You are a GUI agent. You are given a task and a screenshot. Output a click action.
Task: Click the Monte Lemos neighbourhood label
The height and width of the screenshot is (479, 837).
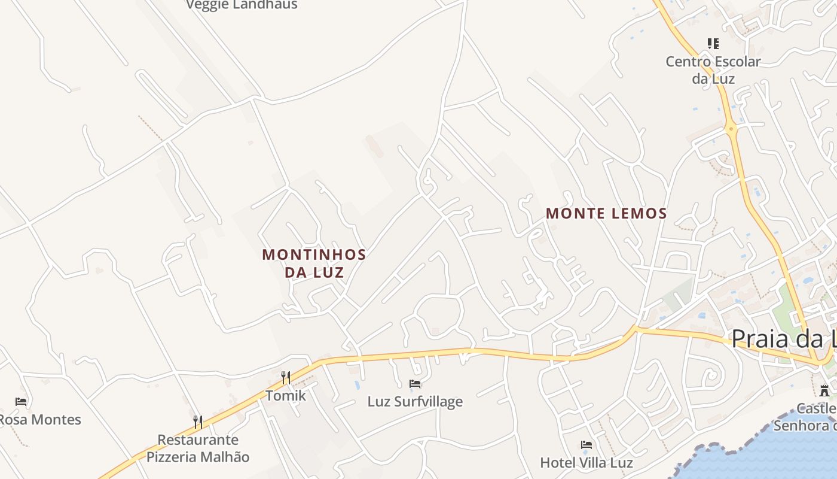click(606, 213)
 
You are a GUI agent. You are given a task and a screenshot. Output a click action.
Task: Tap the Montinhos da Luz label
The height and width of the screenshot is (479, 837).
click(314, 263)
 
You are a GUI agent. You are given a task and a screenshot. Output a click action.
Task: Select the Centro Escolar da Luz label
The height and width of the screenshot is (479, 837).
click(713, 69)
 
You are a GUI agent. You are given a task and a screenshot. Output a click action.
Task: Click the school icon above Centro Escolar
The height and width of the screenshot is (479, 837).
click(713, 44)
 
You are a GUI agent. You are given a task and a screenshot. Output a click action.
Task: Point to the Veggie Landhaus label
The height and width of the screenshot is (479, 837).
click(242, 5)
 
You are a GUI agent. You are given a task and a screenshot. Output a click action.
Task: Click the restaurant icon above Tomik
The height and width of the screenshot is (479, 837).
click(286, 377)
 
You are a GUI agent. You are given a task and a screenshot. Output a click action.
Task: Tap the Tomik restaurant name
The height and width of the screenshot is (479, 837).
click(286, 396)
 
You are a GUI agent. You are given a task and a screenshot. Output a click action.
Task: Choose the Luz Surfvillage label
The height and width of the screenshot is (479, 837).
click(415, 401)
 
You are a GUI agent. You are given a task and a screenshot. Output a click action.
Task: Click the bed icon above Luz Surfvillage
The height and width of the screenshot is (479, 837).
click(415, 383)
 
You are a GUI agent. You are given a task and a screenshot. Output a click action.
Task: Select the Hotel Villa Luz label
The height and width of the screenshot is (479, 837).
click(586, 463)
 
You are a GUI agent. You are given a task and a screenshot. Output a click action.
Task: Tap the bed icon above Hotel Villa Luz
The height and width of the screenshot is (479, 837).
click(586, 445)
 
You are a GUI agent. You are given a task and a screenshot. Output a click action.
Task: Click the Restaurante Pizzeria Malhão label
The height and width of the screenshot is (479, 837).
click(198, 448)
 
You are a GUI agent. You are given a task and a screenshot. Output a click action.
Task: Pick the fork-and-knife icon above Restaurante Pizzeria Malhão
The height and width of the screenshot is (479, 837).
click(198, 422)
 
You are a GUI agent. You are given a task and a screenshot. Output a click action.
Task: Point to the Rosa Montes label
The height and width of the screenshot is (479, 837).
click(39, 420)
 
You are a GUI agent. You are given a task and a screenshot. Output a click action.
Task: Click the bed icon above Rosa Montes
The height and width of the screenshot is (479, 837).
click(21, 402)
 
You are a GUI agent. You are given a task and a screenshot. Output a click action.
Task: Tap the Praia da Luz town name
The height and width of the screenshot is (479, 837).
click(783, 339)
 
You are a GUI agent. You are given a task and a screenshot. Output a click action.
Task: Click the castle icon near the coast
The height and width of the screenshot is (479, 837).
click(824, 391)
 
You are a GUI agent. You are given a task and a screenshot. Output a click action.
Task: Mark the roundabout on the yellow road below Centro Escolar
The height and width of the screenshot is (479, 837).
click(731, 128)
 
